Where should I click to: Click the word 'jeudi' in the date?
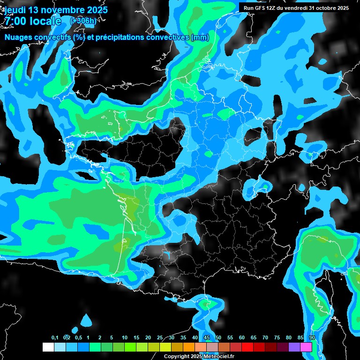tap(15, 10)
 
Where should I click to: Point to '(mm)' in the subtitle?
tap(200, 37)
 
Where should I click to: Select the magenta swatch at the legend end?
tap(306, 347)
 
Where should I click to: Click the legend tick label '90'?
tap(312, 337)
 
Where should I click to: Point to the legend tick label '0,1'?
tap(54, 337)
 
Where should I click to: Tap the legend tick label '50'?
tap(218, 337)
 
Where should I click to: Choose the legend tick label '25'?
tap(160, 337)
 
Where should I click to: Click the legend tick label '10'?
tap(125, 337)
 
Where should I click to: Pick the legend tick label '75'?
tap(277, 337)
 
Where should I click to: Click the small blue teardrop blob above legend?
tap(86, 321)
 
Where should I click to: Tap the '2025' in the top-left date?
tap(94, 10)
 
